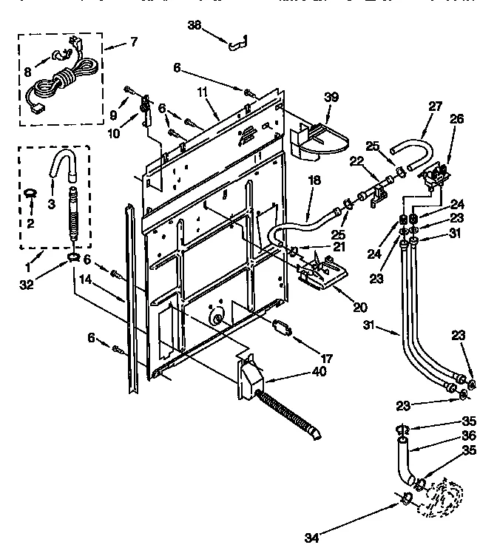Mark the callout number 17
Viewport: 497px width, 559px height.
[327, 358]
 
